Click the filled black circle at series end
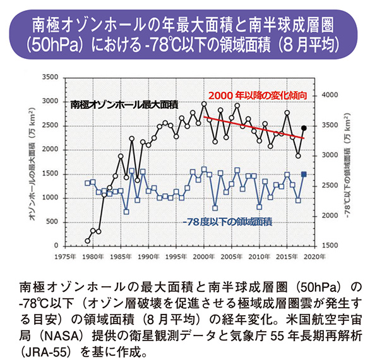click(304, 129)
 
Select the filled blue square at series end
click(304, 174)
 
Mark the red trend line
click(253, 127)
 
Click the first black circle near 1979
click(87, 241)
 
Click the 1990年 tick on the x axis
click(147, 256)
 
